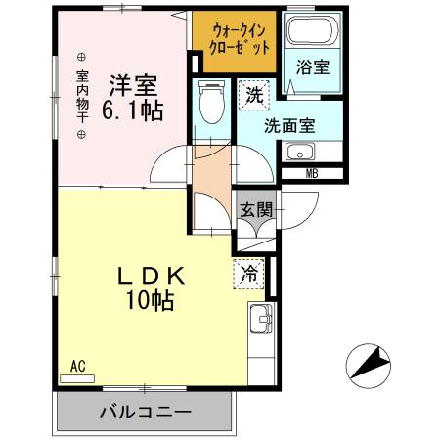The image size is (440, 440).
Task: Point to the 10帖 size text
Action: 149,300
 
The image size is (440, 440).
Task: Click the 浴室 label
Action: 313,68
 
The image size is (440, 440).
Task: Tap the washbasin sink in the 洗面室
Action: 299,153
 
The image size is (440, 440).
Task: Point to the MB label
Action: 312,174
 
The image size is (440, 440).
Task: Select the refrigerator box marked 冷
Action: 250,274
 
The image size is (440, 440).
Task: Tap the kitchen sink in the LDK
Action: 261,318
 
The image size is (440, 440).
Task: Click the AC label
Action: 78,367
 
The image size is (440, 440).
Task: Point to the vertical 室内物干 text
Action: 82,94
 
